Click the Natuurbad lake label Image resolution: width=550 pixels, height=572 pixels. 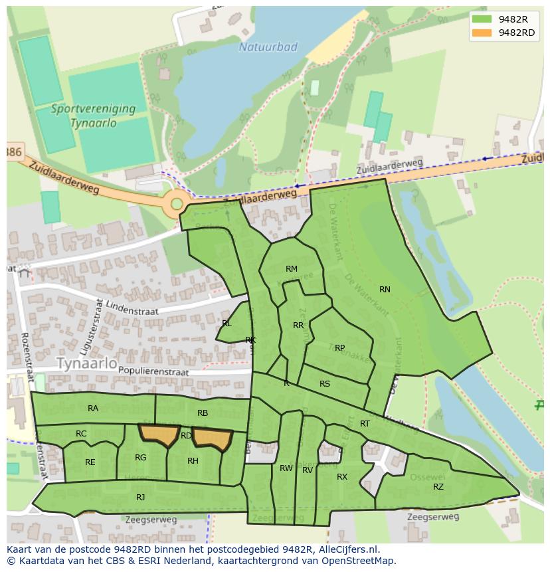(268, 47)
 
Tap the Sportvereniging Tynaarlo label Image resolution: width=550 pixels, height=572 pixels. (93, 116)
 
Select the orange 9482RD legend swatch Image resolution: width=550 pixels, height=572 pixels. (482, 33)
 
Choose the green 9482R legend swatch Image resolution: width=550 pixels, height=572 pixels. (482, 19)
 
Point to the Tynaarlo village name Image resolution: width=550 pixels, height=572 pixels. (86, 364)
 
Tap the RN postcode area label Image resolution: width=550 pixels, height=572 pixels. (385, 289)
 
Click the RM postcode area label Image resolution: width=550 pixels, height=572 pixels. (291, 269)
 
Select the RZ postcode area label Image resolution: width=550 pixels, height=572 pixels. (438, 487)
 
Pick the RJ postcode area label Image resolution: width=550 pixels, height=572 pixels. (140, 497)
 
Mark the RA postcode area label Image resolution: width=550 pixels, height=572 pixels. (93, 409)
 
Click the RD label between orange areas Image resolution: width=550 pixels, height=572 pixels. (186, 436)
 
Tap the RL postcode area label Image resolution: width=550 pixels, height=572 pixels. (227, 324)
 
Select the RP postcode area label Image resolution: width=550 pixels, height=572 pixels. (339, 347)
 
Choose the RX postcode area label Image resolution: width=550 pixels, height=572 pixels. (342, 477)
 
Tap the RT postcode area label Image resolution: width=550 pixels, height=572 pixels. (365, 424)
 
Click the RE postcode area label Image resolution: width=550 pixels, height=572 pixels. (90, 462)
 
